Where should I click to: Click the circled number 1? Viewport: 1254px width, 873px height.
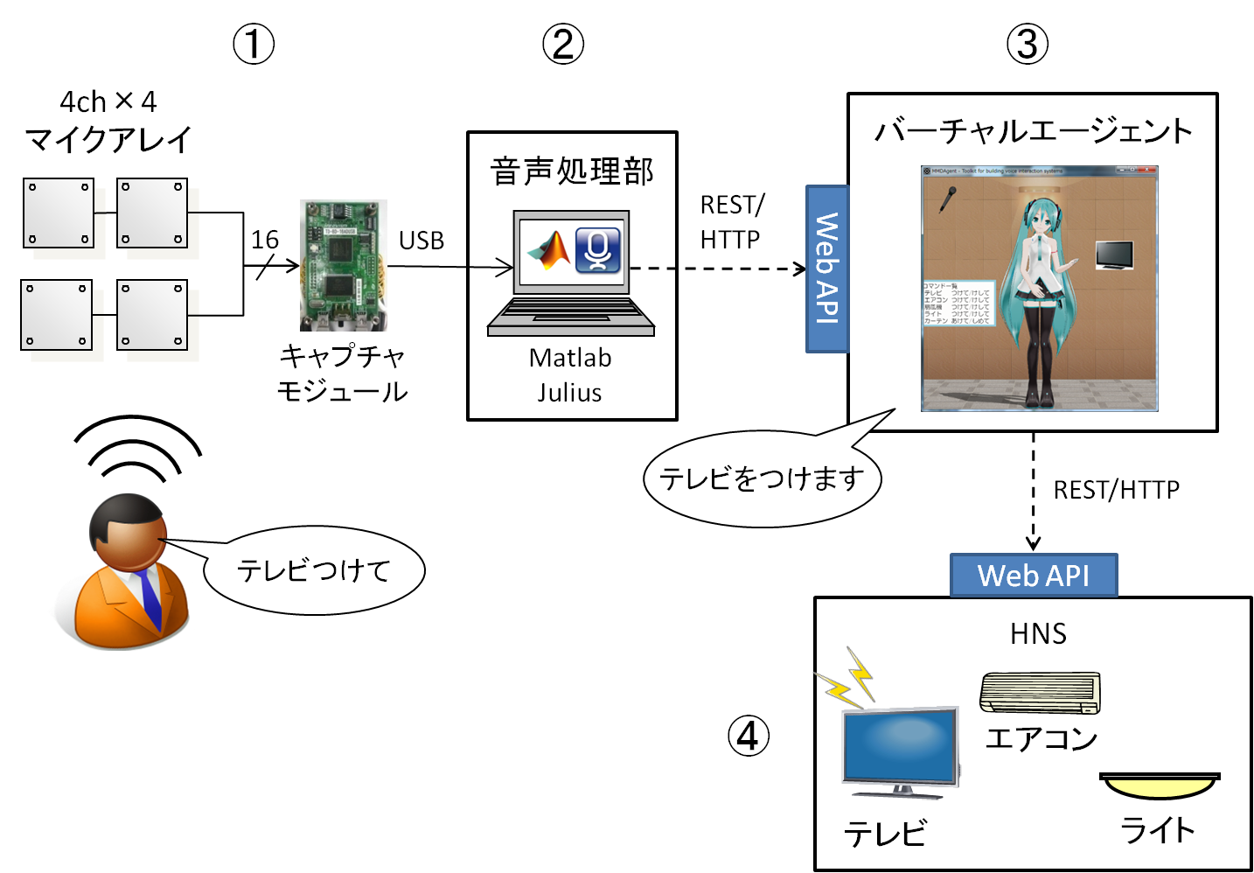(x=254, y=44)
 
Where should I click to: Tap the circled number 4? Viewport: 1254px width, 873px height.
(x=749, y=736)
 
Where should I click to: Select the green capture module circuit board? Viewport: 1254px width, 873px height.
(x=344, y=265)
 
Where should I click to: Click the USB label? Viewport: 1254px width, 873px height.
(x=421, y=241)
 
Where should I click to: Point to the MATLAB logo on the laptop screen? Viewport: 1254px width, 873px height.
(x=547, y=250)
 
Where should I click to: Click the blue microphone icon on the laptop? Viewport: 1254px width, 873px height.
(x=598, y=250)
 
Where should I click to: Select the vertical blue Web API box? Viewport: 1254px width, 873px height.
(x=826, y=269)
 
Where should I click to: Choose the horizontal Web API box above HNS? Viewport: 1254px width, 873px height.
(x=1034, y=576)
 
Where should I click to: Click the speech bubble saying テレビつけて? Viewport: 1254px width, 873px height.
(x=314, y=570)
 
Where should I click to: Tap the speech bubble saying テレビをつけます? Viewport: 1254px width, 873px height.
(x=762, y=478)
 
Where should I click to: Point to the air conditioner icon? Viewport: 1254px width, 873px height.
(x=1040, y=692)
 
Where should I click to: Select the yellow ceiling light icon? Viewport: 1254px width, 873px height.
(x=1160, y=785)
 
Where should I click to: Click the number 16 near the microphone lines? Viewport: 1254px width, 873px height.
(x=264, y=240)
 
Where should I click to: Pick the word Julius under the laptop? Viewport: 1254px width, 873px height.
(x=569, y=393)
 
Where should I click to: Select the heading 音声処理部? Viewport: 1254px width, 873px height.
(x=572, y=171)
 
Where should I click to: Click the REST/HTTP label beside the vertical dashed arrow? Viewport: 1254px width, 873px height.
(x=1116, y=490)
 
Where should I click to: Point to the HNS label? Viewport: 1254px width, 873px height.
(x=1038, y=633)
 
